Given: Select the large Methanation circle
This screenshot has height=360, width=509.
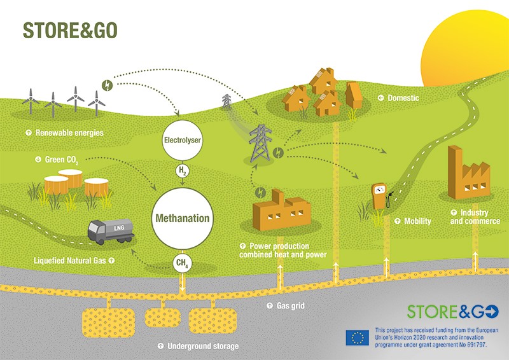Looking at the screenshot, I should (x=183, y=218).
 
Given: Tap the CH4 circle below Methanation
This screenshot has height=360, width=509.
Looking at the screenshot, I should (x=183, y=263).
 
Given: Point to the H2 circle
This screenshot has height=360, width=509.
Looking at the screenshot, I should (x=183, y=171).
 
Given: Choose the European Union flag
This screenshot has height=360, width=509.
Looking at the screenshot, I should (x=357, y=338).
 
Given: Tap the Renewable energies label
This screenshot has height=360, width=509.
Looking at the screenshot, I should (x=69, y=133).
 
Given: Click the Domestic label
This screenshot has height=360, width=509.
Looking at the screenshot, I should (x=403, y=99).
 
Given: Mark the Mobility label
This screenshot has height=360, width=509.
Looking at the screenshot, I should (x=417, y=221).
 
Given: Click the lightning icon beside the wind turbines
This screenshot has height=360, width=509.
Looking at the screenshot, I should (x=107, y=83).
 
